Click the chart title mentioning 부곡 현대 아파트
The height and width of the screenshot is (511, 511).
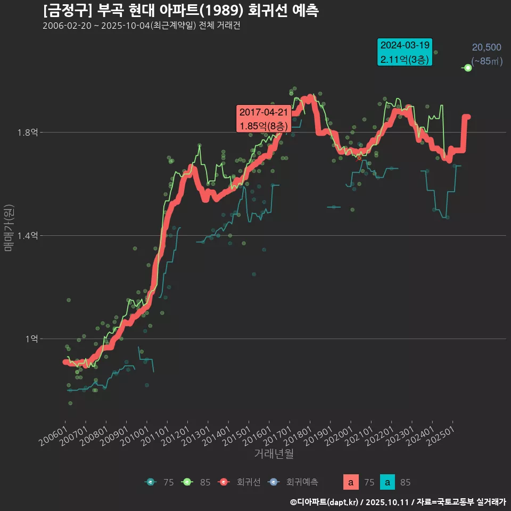181,10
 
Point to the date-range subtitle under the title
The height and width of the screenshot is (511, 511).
141,26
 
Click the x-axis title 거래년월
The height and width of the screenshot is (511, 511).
274,454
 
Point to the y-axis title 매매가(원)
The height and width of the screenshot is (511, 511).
9,228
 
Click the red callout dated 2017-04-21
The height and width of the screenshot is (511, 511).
263,119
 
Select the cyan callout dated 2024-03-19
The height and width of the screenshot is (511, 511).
405,52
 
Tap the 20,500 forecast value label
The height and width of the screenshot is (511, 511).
487,48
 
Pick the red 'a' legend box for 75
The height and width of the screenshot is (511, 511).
350,482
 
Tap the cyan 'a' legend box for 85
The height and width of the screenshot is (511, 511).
388,482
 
